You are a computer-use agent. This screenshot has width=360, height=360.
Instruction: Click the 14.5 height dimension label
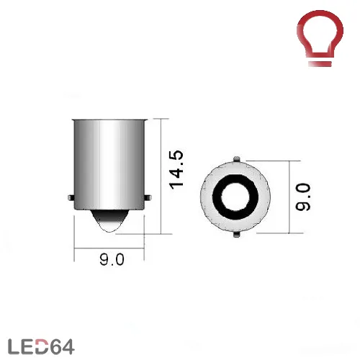coord(176,170)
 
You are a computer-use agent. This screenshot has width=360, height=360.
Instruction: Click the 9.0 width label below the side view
coord(112,259)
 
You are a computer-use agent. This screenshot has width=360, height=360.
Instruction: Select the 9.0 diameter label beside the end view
coord(303,197)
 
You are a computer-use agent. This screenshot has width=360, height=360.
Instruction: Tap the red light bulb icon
coord(320,38)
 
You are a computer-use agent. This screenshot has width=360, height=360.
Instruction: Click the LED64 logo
coord(41,346)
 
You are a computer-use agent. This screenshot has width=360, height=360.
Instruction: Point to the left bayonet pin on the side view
coord(71,198)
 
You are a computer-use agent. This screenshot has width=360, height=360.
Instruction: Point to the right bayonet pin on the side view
coord(148,198)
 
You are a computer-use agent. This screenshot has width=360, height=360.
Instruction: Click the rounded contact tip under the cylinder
coord(110,221)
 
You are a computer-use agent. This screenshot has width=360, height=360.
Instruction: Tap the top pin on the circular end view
coord(237,159)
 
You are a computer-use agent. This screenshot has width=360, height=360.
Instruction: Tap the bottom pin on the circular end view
coord(237,234)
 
